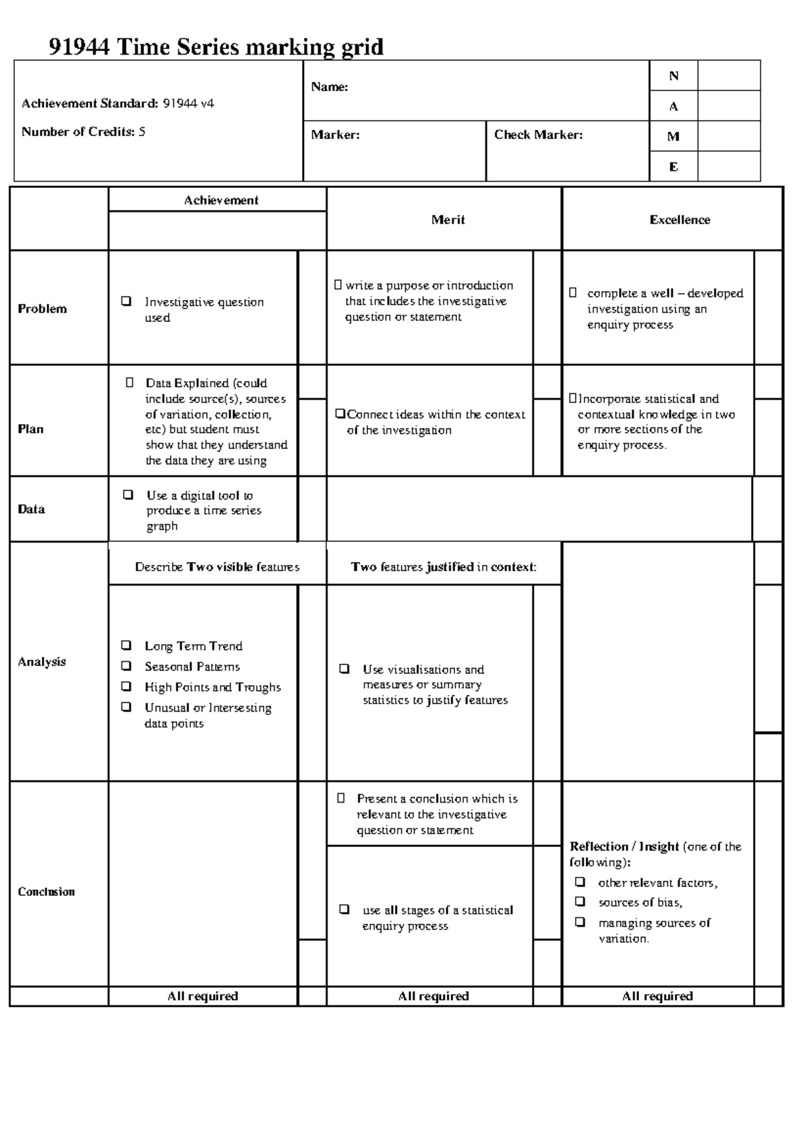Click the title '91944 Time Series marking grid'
click(216, 47)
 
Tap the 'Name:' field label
click(329, 87)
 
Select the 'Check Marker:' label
click(538, 135)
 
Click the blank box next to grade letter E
click(729, 166)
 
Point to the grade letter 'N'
click(673, 76)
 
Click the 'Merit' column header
click(448, 220)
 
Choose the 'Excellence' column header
click(680, 220)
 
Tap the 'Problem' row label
click(42, 309)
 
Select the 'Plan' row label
click(30, 429)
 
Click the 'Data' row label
click(31, 509)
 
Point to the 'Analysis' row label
click(42, 662)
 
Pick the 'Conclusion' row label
click(46, 892)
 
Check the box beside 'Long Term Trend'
click(126, 646)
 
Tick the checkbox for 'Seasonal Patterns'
click(126, 666)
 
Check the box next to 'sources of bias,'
click(580, 902)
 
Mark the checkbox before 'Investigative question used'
click(126, 301)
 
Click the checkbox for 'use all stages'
click(344, 909)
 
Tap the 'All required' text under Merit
click(433, 996)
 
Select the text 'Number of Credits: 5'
click(83, 132)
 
